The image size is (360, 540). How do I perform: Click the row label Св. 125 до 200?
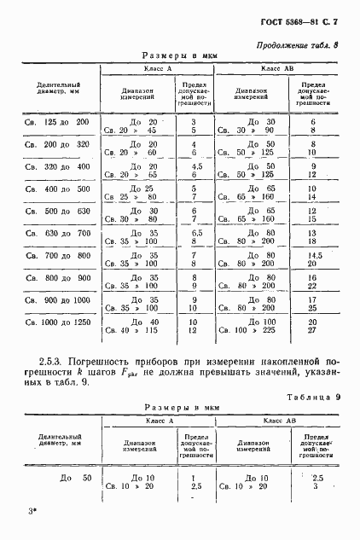54,122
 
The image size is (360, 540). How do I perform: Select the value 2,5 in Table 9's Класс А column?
195,486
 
